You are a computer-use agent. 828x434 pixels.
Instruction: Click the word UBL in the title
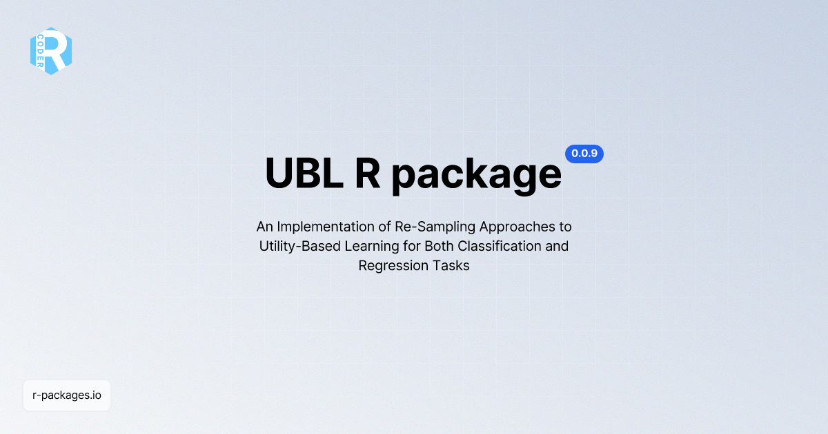(304, 174)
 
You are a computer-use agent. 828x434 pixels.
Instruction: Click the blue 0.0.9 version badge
(584, 154)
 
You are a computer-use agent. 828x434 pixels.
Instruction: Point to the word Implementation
(323, 226)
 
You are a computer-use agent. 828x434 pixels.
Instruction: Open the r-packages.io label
(67, 395)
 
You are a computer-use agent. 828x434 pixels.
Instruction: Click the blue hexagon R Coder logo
(51, 51)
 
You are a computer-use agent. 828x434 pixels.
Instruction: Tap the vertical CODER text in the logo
(39, 51)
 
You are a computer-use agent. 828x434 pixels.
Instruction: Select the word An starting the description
(264, 226)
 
